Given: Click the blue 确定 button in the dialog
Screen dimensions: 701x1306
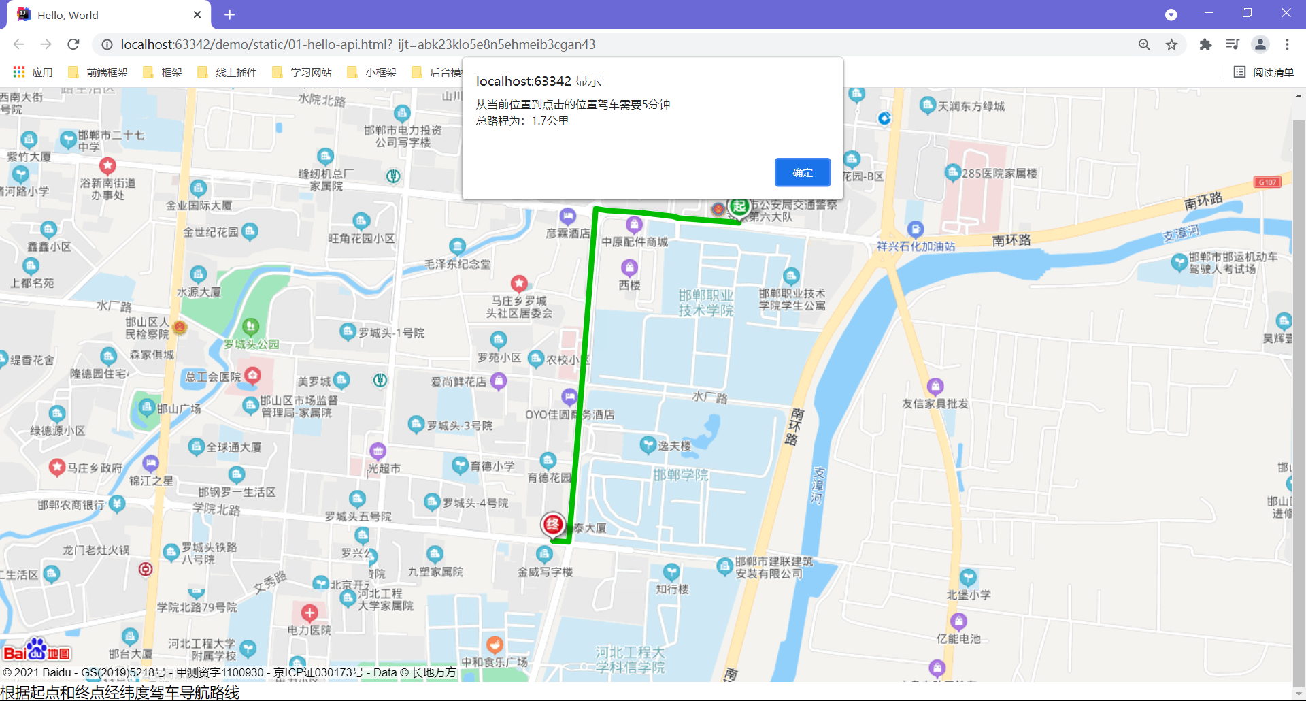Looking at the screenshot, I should click(803, 173).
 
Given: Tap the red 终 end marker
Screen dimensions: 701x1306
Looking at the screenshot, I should click(553, 524).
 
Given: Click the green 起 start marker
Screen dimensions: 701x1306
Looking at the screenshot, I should click(739, 206).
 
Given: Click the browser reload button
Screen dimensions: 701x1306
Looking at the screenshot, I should click(73, 44).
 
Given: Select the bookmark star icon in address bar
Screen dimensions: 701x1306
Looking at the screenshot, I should click(1171, 44).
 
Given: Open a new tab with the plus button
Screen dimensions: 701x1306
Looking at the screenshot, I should click(229, 14).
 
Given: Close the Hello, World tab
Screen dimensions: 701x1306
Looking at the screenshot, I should click(197, 14).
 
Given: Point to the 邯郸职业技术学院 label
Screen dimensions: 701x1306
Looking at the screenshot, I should click(705, 303).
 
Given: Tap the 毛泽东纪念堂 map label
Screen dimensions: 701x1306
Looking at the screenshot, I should click(457, 264).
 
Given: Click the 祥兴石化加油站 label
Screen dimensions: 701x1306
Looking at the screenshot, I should click(916, 246).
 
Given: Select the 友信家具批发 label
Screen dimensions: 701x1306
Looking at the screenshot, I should click(935, 404).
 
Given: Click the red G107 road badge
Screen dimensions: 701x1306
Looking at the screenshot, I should click(1267, 182).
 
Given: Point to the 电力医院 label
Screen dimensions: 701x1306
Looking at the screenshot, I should click(309, 630).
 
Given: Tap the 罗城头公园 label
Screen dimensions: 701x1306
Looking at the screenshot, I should click(252, 344).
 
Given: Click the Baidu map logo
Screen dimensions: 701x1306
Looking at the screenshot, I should click(37, 651).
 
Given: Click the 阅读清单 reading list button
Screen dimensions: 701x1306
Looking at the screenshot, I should click(1264, 72).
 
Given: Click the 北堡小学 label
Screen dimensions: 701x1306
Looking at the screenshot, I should click(969, 595).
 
